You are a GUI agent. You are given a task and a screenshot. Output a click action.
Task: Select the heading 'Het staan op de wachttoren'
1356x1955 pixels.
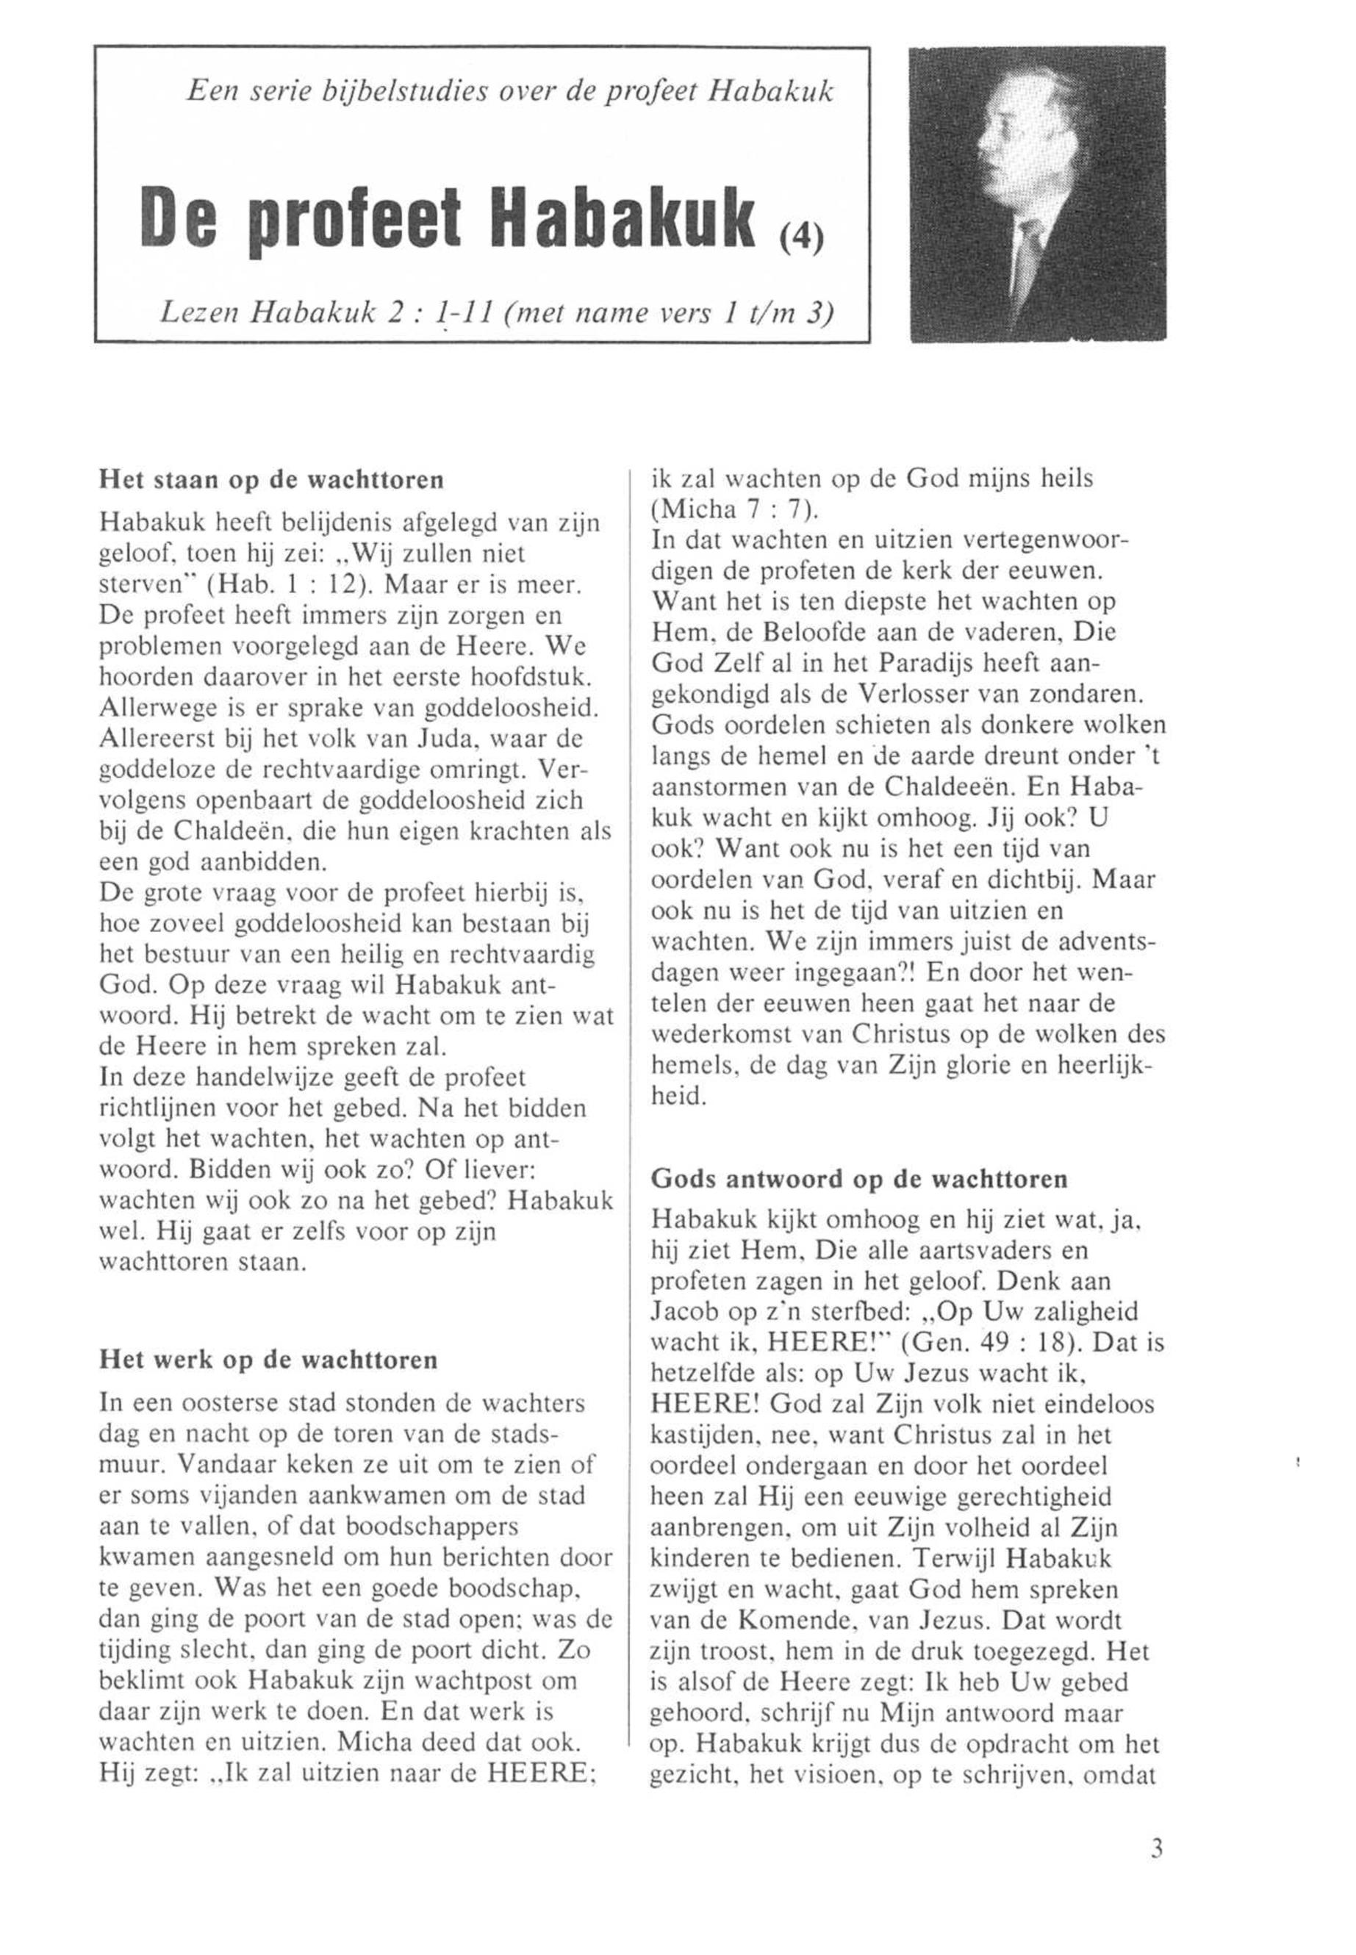[x=272, y=480]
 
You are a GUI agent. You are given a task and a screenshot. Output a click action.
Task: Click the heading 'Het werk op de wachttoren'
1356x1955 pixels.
[x=268, y=1358]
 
